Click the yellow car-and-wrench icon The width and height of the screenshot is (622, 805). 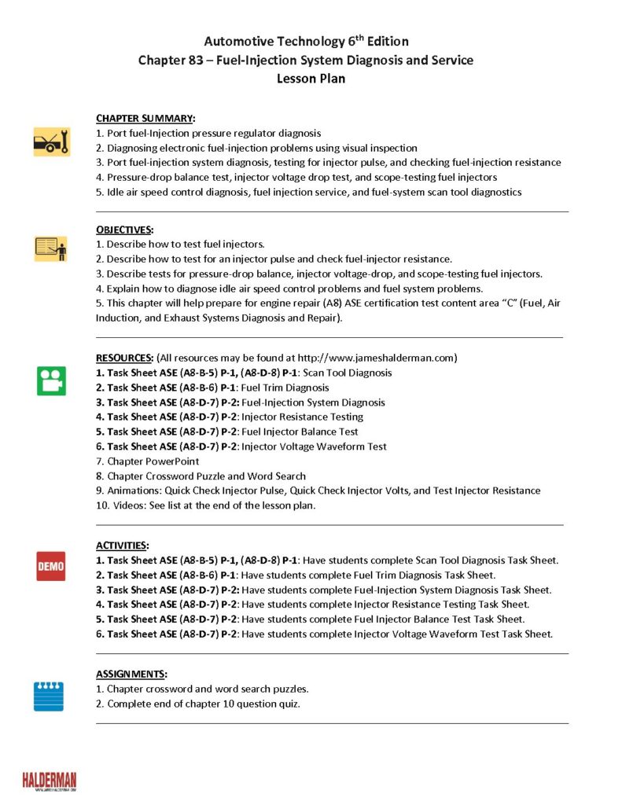(x=51, y=142)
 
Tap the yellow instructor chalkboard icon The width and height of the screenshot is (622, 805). (x=51, y=248)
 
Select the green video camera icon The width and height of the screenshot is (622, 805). (x=51, y=380)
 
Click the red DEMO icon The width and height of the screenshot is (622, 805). (x=51, y=565)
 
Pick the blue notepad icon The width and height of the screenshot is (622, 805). (x=49, y=696)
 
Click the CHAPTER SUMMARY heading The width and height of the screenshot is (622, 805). (x=145, y=119)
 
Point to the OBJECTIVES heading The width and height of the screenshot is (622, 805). (x=124, y=230)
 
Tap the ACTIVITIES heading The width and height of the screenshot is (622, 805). (x=122, y=545)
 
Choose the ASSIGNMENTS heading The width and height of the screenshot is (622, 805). (x=131, y=674)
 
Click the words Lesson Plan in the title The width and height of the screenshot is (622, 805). (x=311, y=79)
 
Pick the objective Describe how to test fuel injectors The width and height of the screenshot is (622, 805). (x=180, y=244)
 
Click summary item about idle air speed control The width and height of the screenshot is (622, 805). (x=308, y=192)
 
